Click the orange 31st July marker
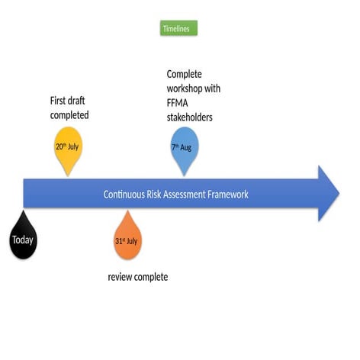click(x=127, y=239)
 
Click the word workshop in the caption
click(x=186, y=88)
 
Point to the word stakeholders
click(x=189, y=117)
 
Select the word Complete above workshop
click(x=185, y=74)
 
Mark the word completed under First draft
click(x=69, y=115)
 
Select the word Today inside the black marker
click(x=23, y=240)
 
